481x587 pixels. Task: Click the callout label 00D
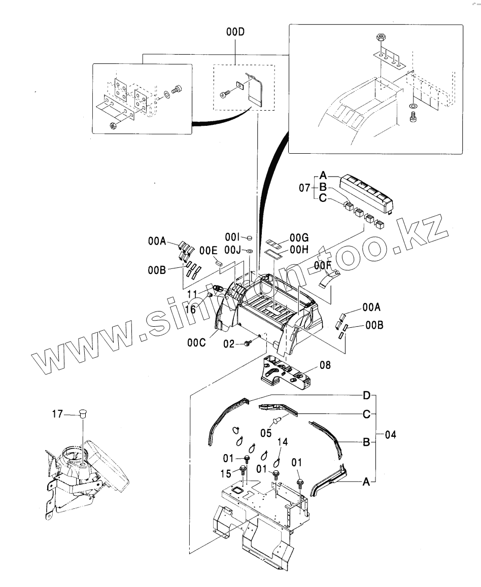pyautogui.click(x=235, y=32)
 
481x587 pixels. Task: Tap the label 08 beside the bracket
pyautogui.click(x=325, y=364)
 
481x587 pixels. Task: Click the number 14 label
pyautogui.click(x=282, y=442)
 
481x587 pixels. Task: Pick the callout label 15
pyautogui.click(x=227, y=473)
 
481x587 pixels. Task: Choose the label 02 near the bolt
pyautogui.click(x=230, y=344)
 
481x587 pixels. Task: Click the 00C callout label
pyautogui.click(x=196, y=343)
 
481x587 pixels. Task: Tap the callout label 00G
pyautogui.click(x=299, y=237)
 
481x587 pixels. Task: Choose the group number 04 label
pyautogui.click(x=390, y=435)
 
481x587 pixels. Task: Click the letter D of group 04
pyautogui.click(x=366, y=394)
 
